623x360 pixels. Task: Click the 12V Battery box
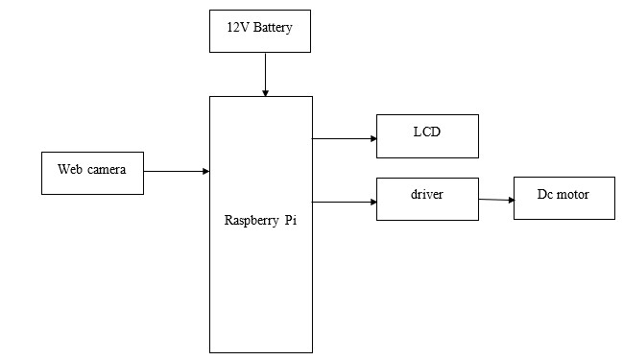click(260, 31)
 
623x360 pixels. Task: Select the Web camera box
click(92, 173)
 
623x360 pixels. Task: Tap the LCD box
click(427, 136)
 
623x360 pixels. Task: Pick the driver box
click(427, 199)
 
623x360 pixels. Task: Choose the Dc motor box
click(564, 198)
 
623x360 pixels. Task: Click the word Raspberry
click(251, 221)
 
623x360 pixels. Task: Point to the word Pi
click(291, 220)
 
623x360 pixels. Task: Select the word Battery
click(273, 28)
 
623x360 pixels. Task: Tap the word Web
click(70, 169)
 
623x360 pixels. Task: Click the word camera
click(107, 170)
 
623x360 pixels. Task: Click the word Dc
click(544, 194)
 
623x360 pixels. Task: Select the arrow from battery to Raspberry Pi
click(265, 74)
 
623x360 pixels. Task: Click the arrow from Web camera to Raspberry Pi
click(177, 171)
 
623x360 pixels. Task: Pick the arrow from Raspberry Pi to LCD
click(344, 138)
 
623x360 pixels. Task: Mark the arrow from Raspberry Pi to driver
click(344, 202)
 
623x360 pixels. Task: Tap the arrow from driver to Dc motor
click(496, 200)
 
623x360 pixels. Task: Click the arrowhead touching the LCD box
click(373, 138)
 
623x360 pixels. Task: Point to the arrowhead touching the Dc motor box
click(512, 200)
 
